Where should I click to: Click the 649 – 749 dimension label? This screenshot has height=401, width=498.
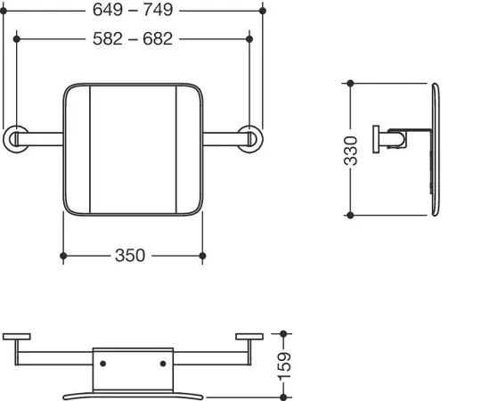[133, 10]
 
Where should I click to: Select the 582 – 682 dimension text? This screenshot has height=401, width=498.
[133, 39]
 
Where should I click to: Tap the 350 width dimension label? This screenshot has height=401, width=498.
[130, 256]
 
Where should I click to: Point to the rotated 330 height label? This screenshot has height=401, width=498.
[351, 151]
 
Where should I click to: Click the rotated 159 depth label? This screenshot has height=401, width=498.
[284, 366]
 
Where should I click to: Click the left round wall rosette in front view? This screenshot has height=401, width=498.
[15, 139]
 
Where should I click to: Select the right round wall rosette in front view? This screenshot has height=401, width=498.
[250, 139]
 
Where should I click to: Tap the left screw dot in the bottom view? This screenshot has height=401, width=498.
[103, 364]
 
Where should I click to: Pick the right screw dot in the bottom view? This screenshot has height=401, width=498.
[163, 364]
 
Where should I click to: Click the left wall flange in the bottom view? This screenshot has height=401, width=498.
[17, 337]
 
